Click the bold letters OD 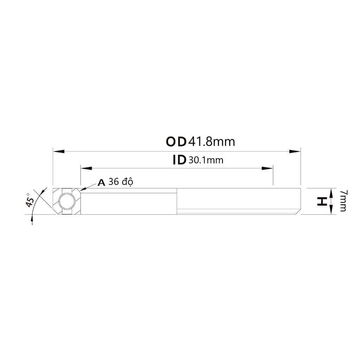[176, 142]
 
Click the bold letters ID [179, 160]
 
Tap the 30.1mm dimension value [206, 160]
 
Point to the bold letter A [102, 182]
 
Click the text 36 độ [121, 182]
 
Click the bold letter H [322, 201]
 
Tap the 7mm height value [343, 200]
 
